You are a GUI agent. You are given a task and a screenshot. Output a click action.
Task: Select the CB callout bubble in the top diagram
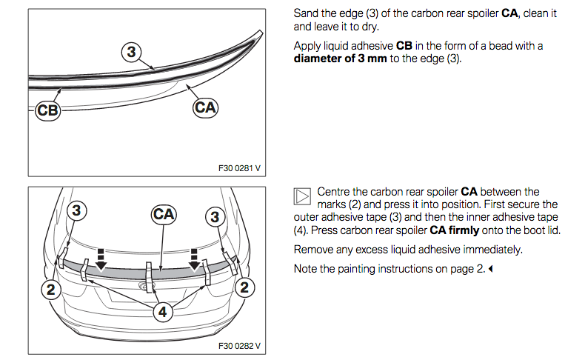[47, 111]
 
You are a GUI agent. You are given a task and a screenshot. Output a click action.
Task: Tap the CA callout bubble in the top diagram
[205, 107]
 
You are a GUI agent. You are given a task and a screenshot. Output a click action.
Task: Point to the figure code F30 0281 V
[239, 168]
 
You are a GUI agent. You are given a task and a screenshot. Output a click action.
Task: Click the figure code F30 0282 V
[239, 345]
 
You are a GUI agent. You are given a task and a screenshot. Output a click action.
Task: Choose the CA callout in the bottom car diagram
[164, 215]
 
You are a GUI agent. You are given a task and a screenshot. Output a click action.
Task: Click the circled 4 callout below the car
[162, 312]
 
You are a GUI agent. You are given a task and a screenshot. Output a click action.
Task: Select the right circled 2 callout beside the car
[246, 287]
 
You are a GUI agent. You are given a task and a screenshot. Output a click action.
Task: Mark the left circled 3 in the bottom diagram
[77, 210]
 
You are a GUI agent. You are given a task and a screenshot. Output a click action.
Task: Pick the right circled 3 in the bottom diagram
[215, 217]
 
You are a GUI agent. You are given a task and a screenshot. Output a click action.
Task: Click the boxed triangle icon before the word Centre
[301, 196]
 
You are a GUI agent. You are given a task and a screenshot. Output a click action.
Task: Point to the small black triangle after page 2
[490, 269]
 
